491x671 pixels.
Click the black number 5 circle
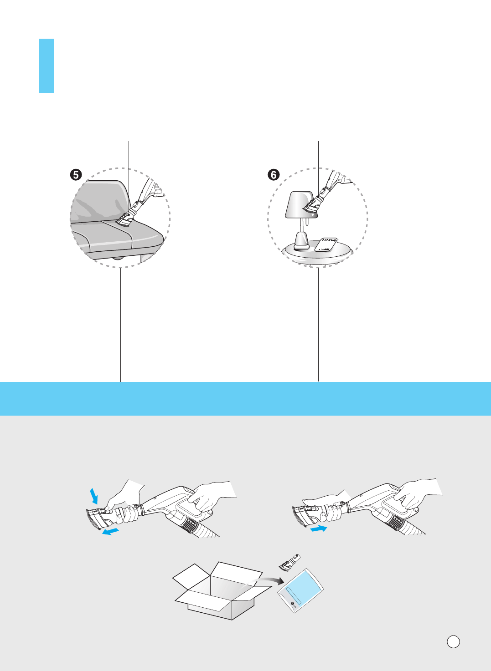[x=76, y=175]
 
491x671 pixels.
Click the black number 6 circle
[x=274, y=175]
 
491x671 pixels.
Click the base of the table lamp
[x=302, y=241]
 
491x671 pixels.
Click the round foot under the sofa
[x=118, y=258]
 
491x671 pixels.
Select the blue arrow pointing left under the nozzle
[x=110, y=532]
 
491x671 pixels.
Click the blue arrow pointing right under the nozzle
[x=319, y=529]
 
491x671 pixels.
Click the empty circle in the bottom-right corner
[x=453, y=641]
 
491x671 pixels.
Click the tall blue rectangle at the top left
[x=47, y=66]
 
